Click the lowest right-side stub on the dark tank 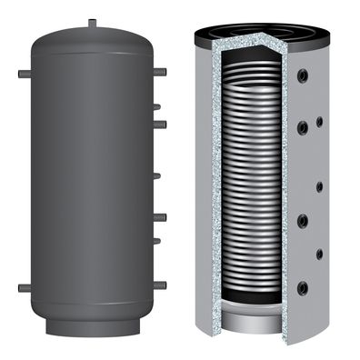(x=160, y=288)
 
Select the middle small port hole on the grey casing (x=319, y=186)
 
